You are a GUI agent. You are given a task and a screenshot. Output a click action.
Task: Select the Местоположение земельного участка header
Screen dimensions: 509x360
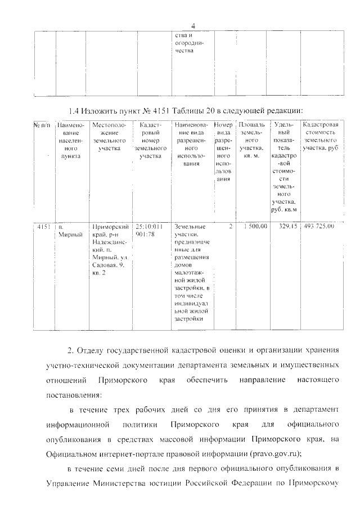click(x=109, y=137)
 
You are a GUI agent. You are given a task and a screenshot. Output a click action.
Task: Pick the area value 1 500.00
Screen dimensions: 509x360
click(x=251, y=227)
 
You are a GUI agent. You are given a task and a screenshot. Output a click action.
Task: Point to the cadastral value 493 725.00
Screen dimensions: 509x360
click(x=318, y=227)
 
